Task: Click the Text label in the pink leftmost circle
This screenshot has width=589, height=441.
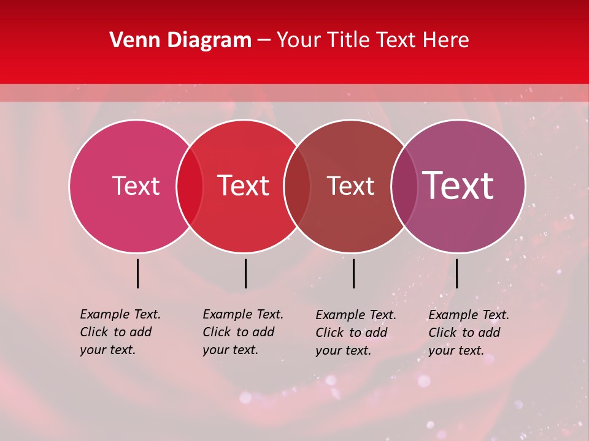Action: click(136, 186)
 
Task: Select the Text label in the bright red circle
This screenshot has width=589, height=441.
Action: click(243, 186)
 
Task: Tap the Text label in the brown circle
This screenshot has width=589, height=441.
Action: click(350, 186)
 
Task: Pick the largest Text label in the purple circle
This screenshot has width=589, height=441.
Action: click(458, 186)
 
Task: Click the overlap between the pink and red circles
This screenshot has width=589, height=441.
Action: click(190, 186)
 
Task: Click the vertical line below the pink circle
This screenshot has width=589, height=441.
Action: click(138, 273)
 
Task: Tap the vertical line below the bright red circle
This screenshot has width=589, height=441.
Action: click(245, 273)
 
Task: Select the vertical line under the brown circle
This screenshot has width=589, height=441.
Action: click(353, 273)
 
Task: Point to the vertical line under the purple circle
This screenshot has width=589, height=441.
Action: click(456, 273)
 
